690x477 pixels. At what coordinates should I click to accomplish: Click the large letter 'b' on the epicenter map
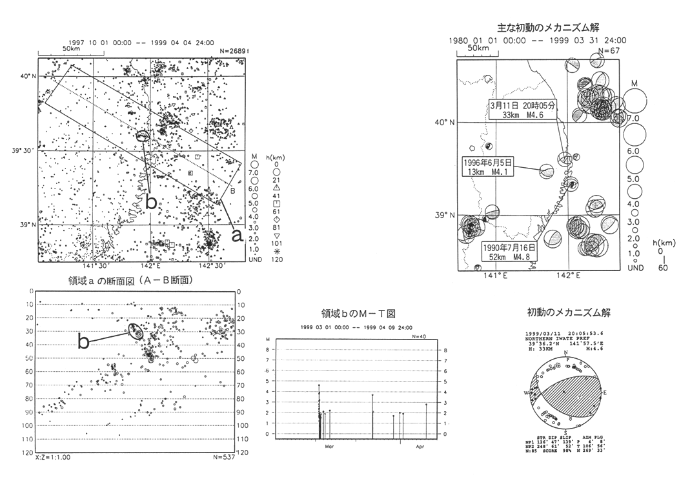[150, 202]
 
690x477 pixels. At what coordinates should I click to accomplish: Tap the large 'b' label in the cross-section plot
[83, 342]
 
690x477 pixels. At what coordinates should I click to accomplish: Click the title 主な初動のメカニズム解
[549, 28]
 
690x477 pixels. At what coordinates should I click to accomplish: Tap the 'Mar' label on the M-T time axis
[329, 446]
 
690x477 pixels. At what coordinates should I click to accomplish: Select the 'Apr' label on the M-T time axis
[420, 446]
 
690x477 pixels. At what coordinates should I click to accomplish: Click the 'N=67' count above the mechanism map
[609, 50]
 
